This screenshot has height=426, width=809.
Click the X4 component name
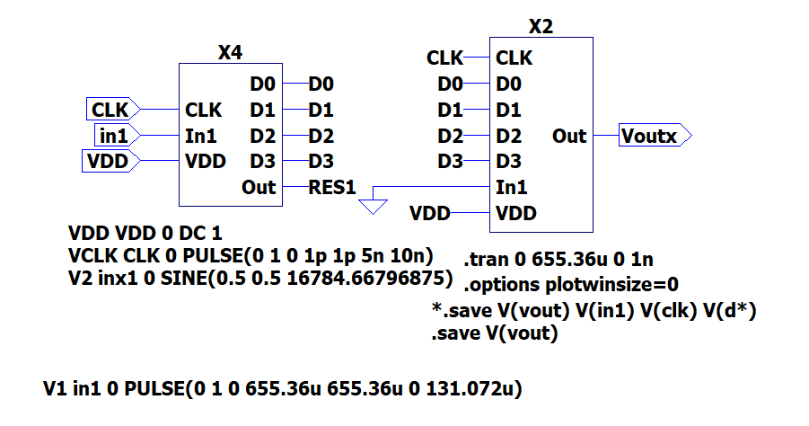[x=231, y=53]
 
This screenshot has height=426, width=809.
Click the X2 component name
[x=541, y=27]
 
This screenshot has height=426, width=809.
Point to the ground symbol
[x=372, y=206]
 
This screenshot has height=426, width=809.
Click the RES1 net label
[x=332, y=188]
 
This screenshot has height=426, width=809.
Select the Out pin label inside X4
[x=259, y=188]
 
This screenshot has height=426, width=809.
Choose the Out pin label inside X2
[x=569, y=137]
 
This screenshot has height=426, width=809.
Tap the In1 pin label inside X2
[x=512, y=188]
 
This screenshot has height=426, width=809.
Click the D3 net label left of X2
[x=450, y=162]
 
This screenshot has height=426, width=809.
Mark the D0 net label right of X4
[x=321, y=84]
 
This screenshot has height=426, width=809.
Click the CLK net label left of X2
[x=444, y=58]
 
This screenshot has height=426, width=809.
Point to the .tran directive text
[x=558, y=260]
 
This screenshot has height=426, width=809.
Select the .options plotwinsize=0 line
[x=570, y=285]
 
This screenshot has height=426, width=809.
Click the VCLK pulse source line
[x=251, y=253]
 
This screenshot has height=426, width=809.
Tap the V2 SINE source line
[x=259, y=277]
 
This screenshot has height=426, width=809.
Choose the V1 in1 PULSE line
[x=283, y=390]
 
